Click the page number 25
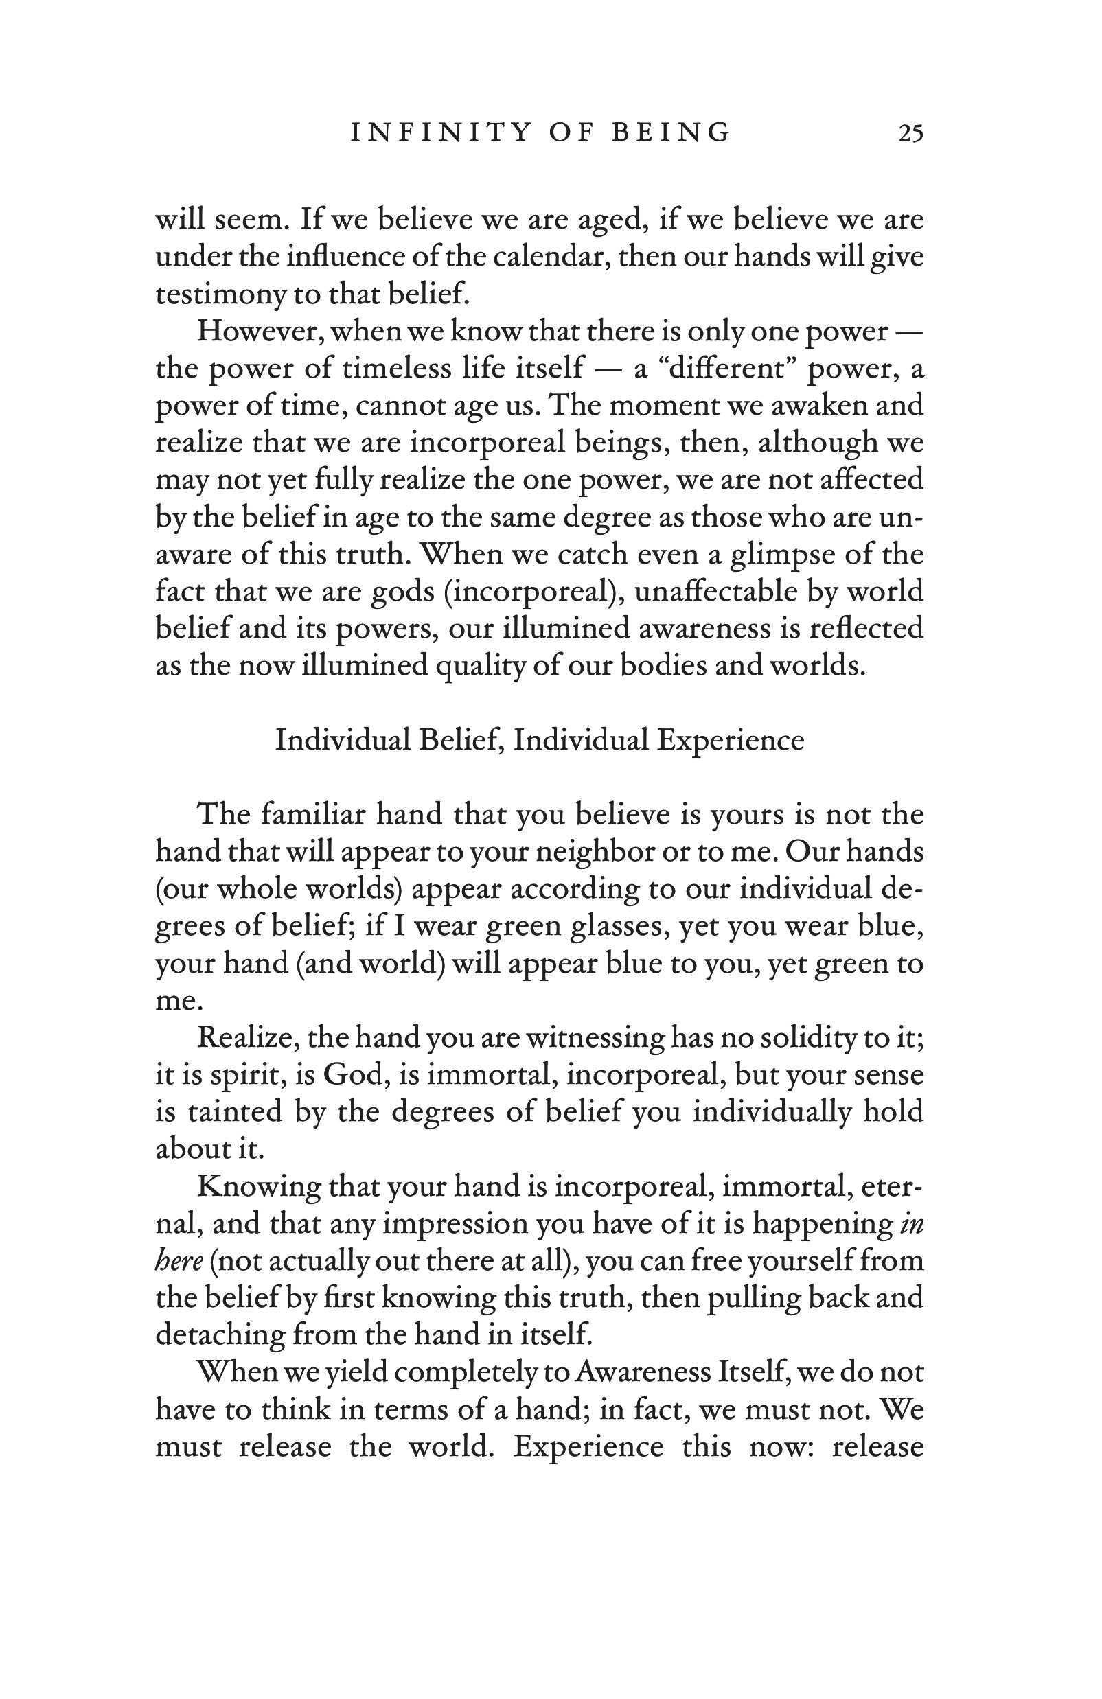tap(910, 133)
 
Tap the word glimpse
tap(783, 555)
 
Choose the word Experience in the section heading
tap(730, 740)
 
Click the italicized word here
tap(179, 1260)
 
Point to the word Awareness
tap(642, 1372)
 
